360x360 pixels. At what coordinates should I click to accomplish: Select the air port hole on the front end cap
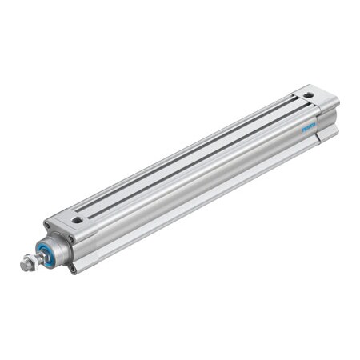[x=77, y=218]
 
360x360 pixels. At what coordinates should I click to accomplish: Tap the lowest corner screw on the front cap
[x=73, y=268]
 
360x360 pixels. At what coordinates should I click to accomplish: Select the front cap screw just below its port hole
[x=72, y=238]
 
